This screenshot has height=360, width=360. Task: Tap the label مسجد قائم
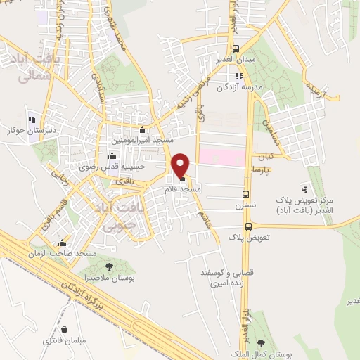[183, 190]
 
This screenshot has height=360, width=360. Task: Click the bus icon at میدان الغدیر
[236, 49]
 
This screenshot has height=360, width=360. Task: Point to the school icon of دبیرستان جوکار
[31, 120]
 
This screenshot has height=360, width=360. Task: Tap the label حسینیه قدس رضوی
[112, 167]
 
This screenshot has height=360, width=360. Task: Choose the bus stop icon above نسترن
[245, 194]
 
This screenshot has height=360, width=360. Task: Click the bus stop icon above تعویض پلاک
[249, 226]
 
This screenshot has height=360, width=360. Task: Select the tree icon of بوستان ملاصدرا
[109, 266]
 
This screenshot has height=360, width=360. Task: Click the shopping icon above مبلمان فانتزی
[64, 329]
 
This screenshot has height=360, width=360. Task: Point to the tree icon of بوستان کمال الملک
[262, 342]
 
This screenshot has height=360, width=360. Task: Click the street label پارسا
[277, 171]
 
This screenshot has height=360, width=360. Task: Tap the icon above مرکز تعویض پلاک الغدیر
[304, 188]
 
